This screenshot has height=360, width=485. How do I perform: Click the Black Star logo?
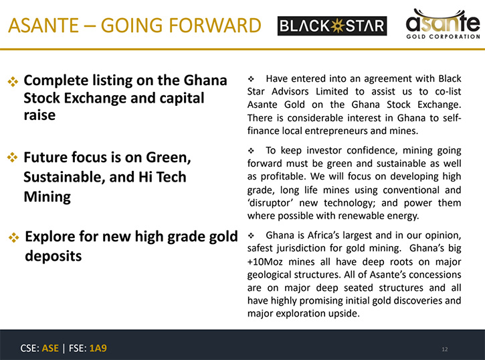[x=332, y=25]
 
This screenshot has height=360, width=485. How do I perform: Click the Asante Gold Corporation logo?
[x=443, y=24]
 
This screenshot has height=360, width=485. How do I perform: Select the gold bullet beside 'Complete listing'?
[x=13, y=82]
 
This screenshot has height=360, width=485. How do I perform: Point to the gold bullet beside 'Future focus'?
[x=12, y=158]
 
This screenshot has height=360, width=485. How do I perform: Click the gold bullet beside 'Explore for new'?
[x=13, y=237]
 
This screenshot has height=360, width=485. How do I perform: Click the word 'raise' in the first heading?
[x=39, y=115]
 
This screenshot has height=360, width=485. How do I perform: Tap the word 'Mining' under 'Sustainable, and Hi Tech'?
[x=47, y=197]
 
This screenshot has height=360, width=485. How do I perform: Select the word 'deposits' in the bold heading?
[x=54, y=256]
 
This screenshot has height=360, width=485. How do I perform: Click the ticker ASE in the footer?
[x=50, y=348]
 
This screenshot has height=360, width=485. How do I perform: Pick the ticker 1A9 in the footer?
[x=98, y=348]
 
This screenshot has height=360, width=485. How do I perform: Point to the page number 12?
[x=445, y=349]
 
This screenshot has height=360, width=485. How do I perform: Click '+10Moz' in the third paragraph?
[x=265, y=261]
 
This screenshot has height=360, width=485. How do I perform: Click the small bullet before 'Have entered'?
[x=251, y=79]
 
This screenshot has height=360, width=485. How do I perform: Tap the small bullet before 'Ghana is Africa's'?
[x=251, y=236]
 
